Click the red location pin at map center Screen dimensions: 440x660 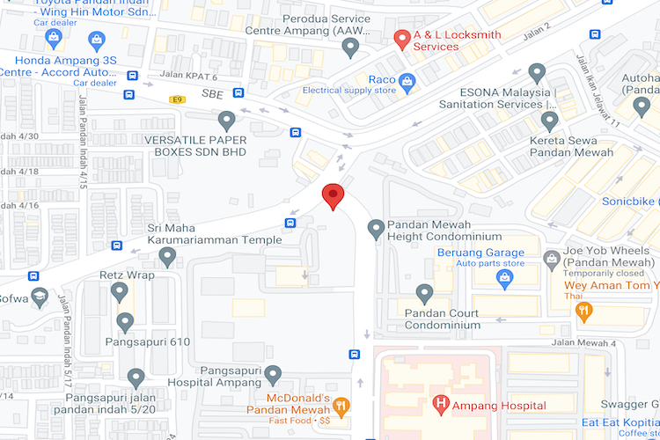coord(333,195)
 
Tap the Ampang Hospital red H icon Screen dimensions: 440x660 coord(441,405)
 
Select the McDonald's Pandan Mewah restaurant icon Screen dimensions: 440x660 coord(341,406)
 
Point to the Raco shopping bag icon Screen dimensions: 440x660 coord(406,84)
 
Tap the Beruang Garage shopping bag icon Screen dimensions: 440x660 coord(505,280)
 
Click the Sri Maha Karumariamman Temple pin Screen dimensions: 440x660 coord(167,256)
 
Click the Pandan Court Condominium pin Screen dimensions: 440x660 coord(425,294)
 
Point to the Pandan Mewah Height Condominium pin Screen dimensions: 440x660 coord(376,230)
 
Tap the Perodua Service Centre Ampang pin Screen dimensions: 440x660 coord(351,47)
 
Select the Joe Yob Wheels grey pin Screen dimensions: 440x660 coord(552,259)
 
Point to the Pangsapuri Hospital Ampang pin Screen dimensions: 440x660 coord(273,376)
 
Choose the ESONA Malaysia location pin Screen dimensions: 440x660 coord(537,73)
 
